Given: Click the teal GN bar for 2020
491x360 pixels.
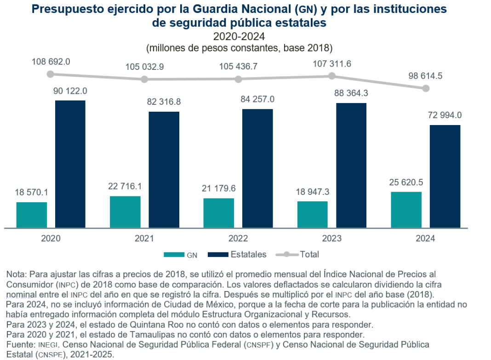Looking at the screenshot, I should coord(32,215).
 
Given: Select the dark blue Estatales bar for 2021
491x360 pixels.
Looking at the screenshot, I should coord(164,169).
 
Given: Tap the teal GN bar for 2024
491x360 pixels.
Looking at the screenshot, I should coord(406,210).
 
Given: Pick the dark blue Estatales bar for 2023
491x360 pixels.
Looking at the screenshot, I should coord(351,165).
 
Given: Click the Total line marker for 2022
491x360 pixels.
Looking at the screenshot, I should coord(238,79).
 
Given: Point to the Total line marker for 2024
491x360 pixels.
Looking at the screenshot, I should coord(426,88).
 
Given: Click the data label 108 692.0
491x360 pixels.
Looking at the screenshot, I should coord(51,62).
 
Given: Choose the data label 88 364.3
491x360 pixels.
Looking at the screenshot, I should coord(351,93).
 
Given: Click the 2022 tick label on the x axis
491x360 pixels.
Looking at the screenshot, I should coord(238,239).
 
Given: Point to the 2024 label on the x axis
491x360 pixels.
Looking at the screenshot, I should coord(425,239).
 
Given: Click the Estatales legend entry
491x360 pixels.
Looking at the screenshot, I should coord(248,254).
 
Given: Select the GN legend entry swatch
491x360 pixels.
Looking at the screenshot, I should coord(173,255).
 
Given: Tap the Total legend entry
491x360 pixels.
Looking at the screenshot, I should coord(309,254).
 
